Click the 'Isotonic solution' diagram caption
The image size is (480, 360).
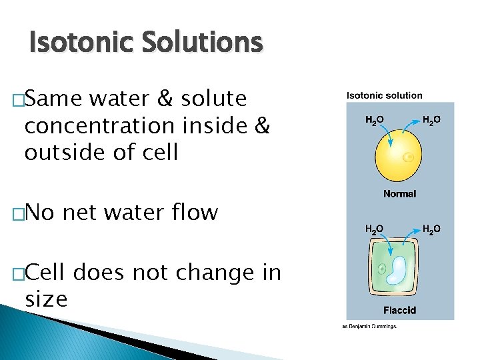(x=384, y=96)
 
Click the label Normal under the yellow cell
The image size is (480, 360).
(x=399, y=194)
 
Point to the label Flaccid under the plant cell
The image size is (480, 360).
(x=399, y=310)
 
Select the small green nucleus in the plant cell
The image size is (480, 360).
(x=382, y=270)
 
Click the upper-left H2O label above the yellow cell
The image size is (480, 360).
(x=374, y=121)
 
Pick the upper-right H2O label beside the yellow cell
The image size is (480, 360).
(x=431, y=121)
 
